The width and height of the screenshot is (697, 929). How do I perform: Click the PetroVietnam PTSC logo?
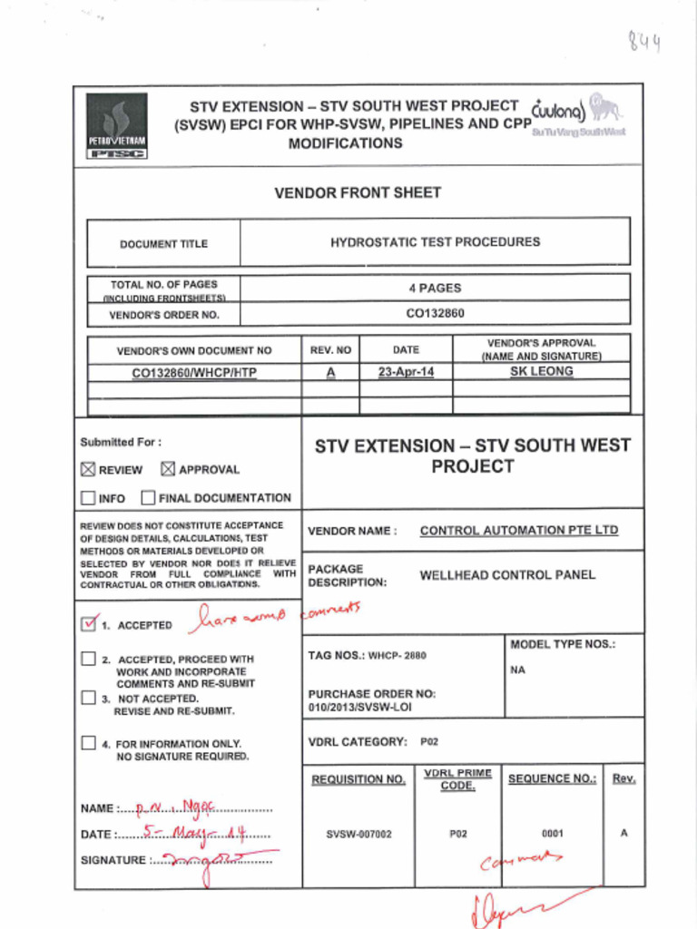pyautogui.click(x=117, y=127)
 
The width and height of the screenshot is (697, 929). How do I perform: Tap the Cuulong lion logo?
pyautogui.click(x=605, y=109)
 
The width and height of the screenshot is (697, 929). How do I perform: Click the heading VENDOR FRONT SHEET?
pyautogui.click(x=358, y=192)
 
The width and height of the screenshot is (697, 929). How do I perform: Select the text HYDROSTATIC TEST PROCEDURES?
pyautogui.click(x=435, y=242)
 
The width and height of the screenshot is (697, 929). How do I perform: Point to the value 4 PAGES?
pyautogui.click(x=435, y=288)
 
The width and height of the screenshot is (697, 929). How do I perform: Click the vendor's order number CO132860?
pyautogui.click(x=435, y=314)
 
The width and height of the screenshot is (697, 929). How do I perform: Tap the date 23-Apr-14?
pyautogui.click(x=406, y=372)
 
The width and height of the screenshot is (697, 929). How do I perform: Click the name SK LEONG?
pyautogui.click(x=541, y=372)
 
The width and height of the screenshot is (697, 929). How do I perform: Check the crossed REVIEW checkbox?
pyautogui.click(x=88, y=469)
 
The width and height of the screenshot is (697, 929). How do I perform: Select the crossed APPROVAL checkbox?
pyautogui.click(x=168, y=469)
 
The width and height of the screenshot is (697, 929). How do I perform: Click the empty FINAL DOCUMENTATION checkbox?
pyautogui.click(x=148, y=498)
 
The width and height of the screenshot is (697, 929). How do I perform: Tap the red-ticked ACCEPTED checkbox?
pyautogui.click(x=89, y=624)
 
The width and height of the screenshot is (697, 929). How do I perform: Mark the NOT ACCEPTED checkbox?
pyautogui.click(x=88, y=698)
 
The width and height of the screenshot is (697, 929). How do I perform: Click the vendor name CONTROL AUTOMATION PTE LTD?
pyautogui.click(x=518, y=531)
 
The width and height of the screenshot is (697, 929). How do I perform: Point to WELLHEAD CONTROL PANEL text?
pyautogui.click(x=507, y=575)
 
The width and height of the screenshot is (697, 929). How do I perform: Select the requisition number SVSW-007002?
pyautogui.click(x=358, y=834)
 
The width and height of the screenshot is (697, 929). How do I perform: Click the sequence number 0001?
pyautogui.click(x=552, y=833)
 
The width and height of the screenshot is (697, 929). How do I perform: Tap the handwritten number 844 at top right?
pyautogui.click(x=643, y=41)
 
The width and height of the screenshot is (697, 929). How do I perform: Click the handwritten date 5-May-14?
pyautogui.click(x=194, y=833)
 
